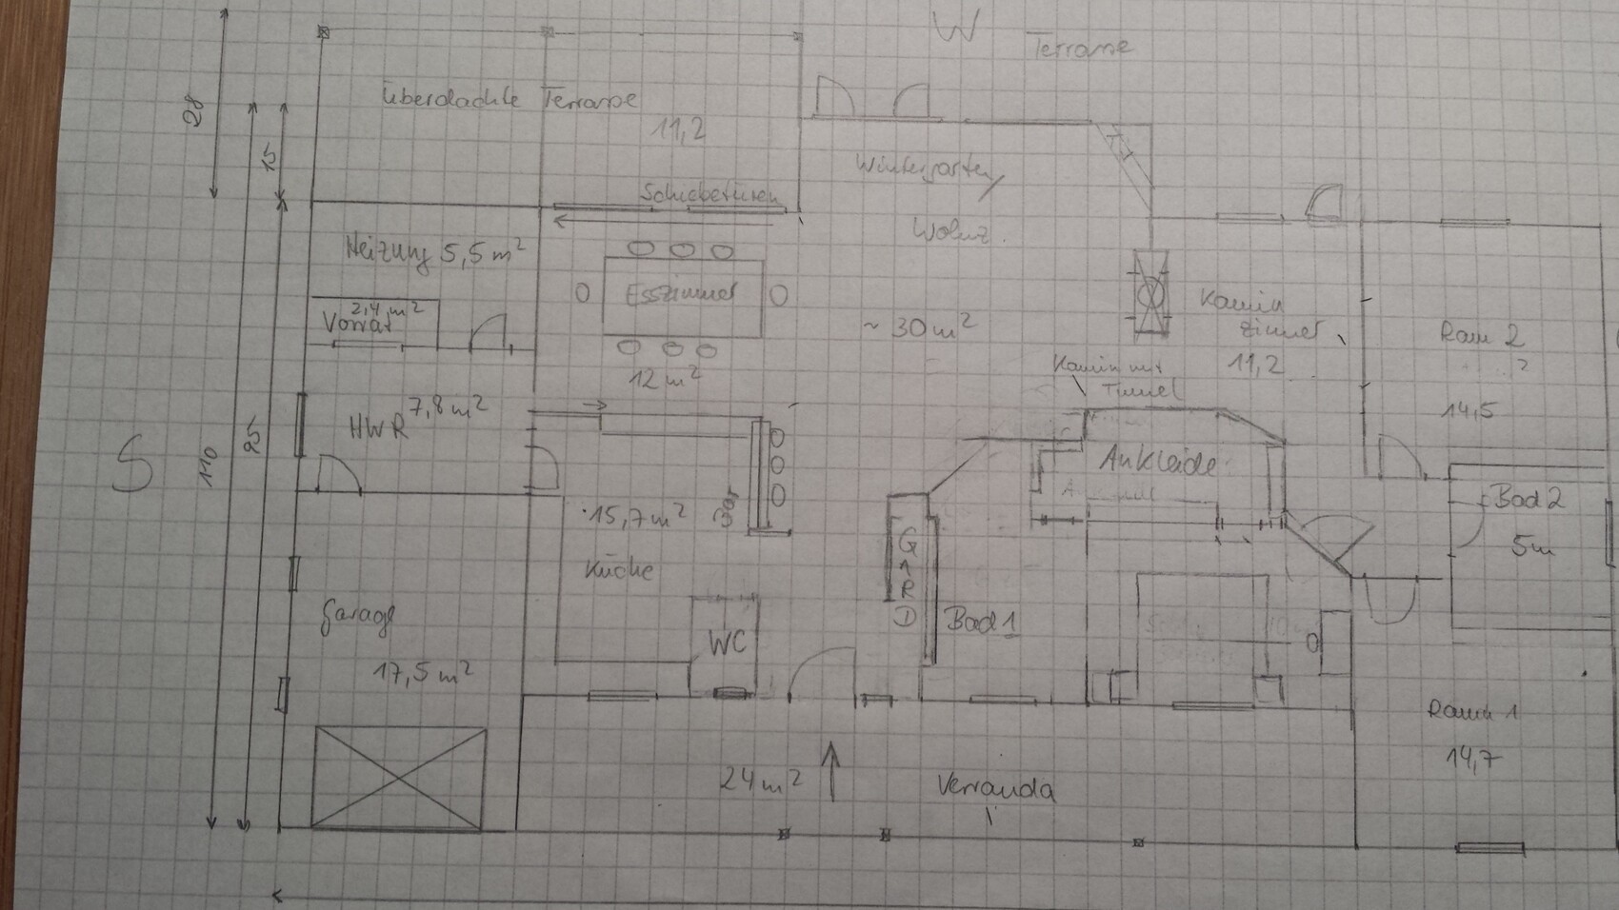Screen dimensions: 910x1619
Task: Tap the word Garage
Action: [x=354, y=620]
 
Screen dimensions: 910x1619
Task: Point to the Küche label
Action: [x=620, y=570]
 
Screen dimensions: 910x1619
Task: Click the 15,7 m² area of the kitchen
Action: [x=635, y=517]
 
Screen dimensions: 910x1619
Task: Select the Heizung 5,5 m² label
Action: [x=434, y=253]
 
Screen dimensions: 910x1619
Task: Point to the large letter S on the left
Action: [x=132, y=464]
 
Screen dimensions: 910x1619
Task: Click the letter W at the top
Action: [x=955, y=30]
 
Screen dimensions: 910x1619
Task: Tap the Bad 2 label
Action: [x=1529, y=499]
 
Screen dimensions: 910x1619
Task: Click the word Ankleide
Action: [x=1157, y=464]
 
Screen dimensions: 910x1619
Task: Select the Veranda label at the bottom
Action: [x=995, y=789]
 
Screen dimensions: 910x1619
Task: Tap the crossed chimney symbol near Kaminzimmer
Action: [x=1150, y=294]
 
